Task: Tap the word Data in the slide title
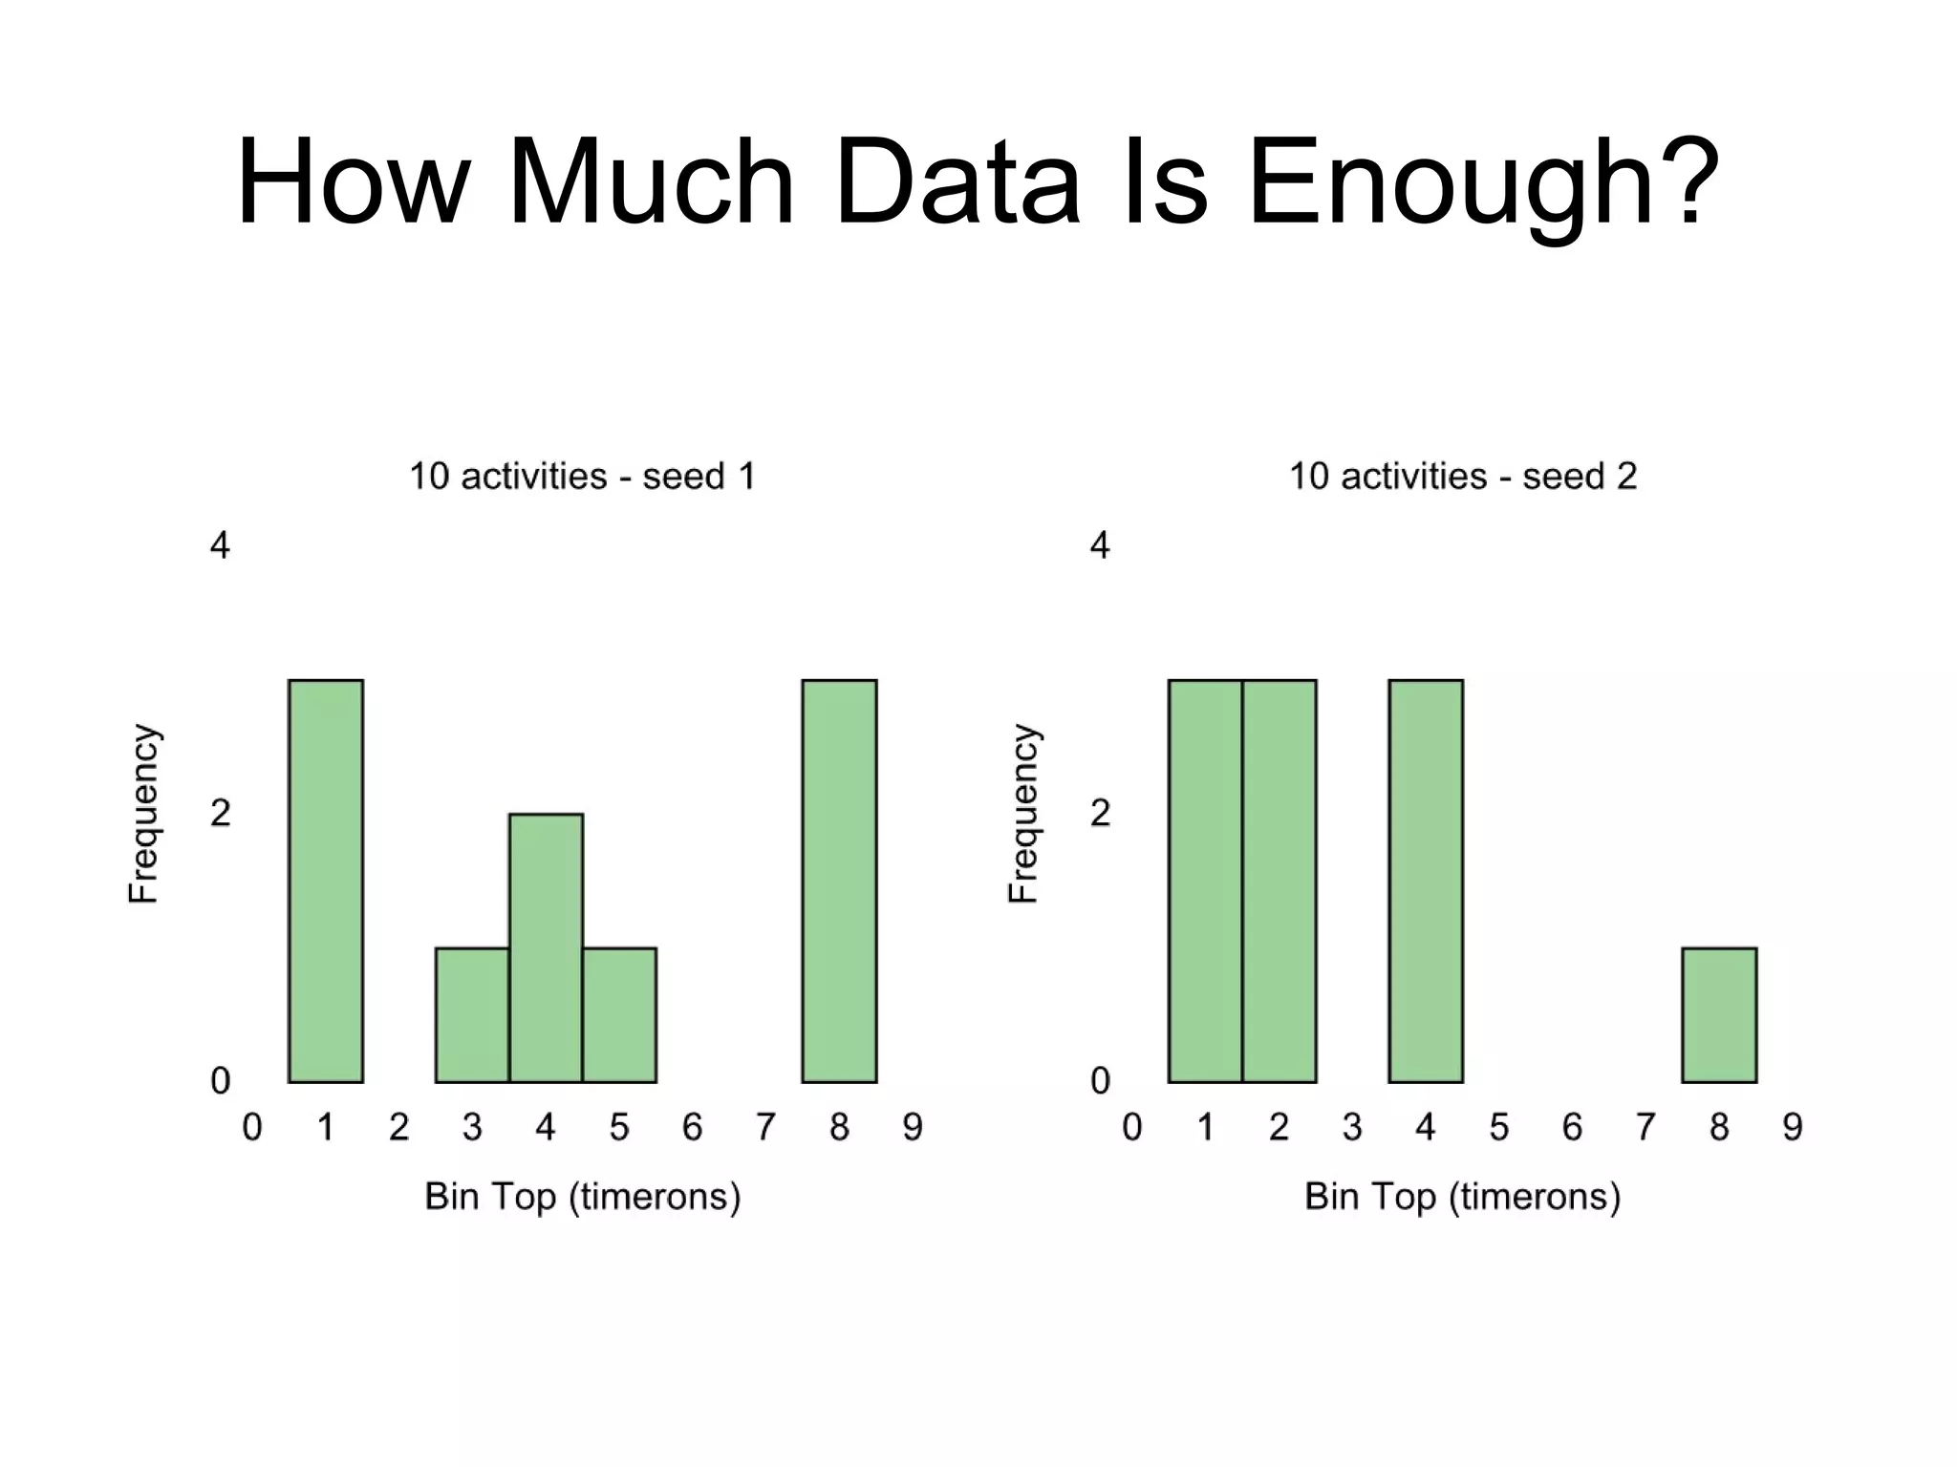[956, 181]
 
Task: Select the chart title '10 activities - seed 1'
[582, 476]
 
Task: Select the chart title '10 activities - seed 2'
[1463, 476]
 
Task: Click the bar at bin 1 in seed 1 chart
[326, 881]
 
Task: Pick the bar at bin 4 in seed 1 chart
[546, 947]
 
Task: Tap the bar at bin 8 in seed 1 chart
[839, 881]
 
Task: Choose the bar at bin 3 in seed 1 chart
[472, 1014]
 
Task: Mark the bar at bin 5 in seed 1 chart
[619, 1014]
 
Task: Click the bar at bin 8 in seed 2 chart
[1719, 1014]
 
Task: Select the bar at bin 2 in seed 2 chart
[1280, 881]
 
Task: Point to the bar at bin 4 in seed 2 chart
[1426, 881]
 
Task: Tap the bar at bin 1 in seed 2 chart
[1205, 881]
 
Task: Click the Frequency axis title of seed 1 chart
[143, 813]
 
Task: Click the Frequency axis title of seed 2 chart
[1023, 813]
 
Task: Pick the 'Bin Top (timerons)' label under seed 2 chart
[1463, 1196]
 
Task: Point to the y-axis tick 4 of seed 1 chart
[220, 545]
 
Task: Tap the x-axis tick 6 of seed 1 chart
[692, 1127]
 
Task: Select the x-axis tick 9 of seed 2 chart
[1793, 1127]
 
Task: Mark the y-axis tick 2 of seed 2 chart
[1100, 813]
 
